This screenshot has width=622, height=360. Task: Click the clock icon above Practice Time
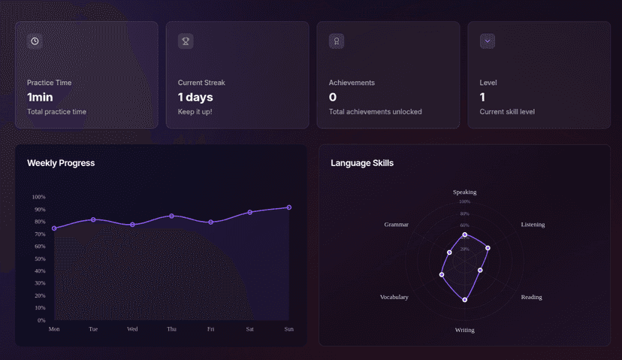[x=35, y=41]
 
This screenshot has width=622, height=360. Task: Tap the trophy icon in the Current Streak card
[x=186, y=41]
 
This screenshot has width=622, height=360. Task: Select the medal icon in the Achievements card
[x=337, y=41]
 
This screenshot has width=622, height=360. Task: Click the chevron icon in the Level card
[x=488, y=41]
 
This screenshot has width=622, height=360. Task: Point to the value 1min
[x=40, y=97]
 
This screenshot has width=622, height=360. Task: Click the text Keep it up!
[x=195, y=112]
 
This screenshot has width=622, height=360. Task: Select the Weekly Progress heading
[x=61, y=163]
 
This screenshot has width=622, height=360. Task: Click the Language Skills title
[x=362, y=163]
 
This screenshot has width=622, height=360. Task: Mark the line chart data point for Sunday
[x=289, y=207]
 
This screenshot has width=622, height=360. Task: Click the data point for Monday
[x=54, y=228]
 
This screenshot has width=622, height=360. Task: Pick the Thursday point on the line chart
[x=172, y=216]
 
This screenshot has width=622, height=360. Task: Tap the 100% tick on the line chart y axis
[x=38, y=197]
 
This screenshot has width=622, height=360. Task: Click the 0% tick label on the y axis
[x=41, y=320]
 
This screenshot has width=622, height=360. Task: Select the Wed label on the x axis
[x=132, y=329]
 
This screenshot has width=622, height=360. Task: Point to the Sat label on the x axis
[x=250, y=329]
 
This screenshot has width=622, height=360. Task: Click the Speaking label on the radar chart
[x=464, y=192]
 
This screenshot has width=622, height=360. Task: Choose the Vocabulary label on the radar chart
[x=394, y=298]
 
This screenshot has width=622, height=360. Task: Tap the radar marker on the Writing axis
[x=465, y=300]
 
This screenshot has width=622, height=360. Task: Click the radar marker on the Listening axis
[x=488, y=248]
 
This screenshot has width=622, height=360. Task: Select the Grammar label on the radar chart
[x=397, y=225]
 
